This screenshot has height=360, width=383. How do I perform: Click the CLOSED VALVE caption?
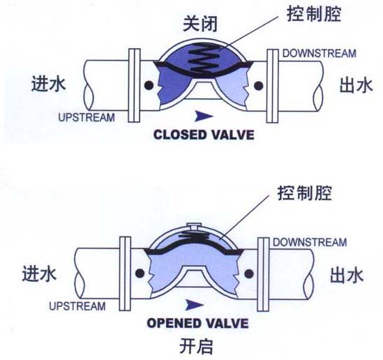click(x=204, y=135)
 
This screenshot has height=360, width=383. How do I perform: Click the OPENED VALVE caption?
click(x=197, y=323)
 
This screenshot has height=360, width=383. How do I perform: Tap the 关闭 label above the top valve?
click(x=200, y=24)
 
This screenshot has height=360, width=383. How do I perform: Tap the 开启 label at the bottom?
click(x=196, y=346)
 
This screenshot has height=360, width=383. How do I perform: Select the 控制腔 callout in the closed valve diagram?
click(x=314, y=14)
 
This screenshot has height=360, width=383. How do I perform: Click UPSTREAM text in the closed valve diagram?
click(x=87, y=117)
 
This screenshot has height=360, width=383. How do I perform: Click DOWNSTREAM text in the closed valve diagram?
click(x=320, y=54)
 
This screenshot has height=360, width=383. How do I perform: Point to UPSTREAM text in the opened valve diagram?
click(x=77, y=306)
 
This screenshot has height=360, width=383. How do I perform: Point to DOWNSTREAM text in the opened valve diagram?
click(x=310, y=242)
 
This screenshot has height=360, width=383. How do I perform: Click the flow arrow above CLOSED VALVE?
click(x=203, y=116)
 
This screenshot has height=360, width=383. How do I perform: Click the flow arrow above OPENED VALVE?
click(x=194, y=305)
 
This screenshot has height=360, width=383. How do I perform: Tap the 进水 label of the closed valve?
click(x=49, y=84)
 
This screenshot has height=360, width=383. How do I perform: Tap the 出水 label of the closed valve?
click(x=356, y=85)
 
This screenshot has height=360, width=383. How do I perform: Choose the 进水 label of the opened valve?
click(x=39, y=273)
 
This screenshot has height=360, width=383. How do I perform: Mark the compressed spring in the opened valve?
click(x=193, y=235)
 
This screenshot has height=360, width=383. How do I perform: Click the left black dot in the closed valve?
click(x=149, y=86)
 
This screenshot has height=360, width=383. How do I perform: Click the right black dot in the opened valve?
click(x=248, y=273)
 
